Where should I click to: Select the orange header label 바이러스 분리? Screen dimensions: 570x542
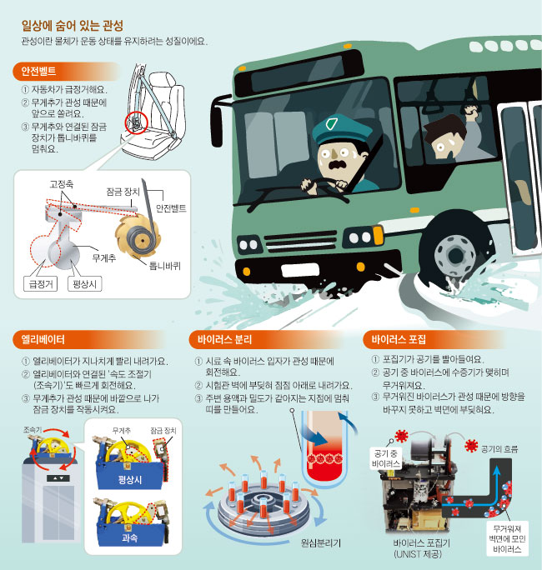coord(220,340)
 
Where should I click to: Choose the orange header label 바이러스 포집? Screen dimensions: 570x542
coord(397,340)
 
